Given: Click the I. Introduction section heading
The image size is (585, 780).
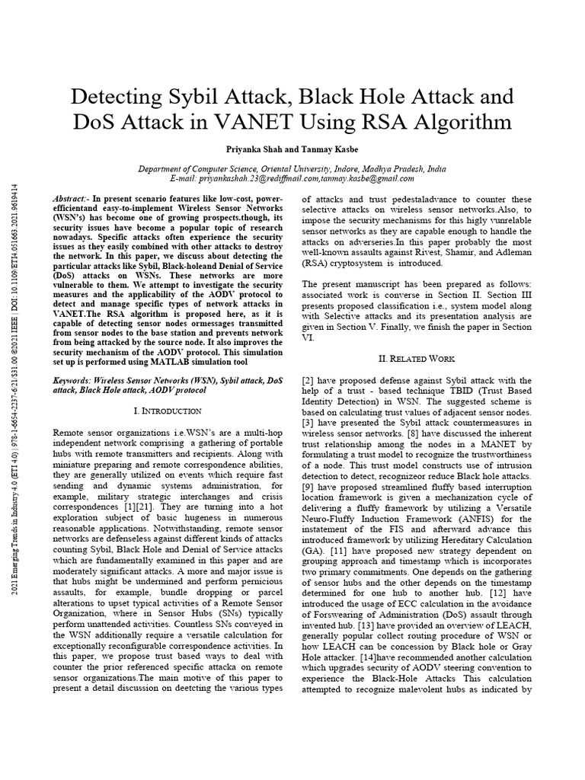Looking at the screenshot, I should click(x=167, y=411).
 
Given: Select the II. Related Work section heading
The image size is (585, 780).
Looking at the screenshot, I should click(x=417, y=358).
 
